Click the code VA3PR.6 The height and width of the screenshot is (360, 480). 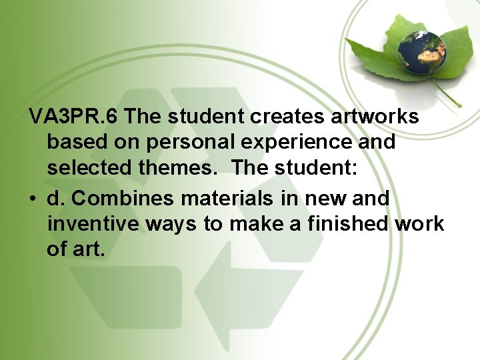74,117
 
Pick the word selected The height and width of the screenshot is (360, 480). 90,168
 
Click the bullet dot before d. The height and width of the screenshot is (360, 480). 33,199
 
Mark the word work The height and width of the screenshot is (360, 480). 419,224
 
